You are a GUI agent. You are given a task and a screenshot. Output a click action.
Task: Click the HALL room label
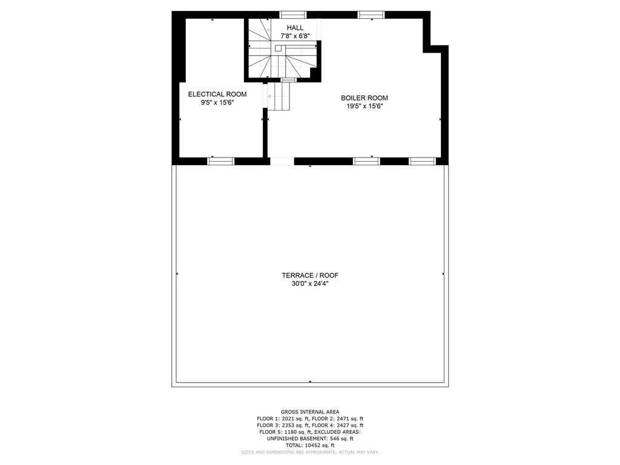(x=295, y=28)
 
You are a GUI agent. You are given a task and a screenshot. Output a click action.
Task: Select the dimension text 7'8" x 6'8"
(x=295, y=36)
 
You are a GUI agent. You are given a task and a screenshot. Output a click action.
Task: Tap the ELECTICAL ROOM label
(x=217, y=94)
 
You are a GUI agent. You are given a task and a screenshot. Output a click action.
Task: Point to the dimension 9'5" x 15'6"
(x=217, y=103)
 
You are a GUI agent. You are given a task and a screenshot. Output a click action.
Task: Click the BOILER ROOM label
(x=364, y=98)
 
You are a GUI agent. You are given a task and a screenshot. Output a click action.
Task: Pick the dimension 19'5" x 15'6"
(x=364, y=106)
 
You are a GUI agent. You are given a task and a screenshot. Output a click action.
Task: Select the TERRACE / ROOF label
(x=310, y=275)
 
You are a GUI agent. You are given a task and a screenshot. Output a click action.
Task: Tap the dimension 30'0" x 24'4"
(x=310, y=283)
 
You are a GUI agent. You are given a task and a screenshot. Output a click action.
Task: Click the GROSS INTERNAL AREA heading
(x=310, y=412)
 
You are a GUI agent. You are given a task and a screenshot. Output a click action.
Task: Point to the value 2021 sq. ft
(x=296, y=418)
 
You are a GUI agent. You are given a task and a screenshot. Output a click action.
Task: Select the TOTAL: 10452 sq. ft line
(x=310, y=445)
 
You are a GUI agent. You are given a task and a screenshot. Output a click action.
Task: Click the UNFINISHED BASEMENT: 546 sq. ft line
(x=310, y=438)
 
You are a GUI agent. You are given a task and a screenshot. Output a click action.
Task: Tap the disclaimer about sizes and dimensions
(x=310, y=452)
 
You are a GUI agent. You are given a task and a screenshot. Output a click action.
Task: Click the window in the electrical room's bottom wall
(x=221, y=161)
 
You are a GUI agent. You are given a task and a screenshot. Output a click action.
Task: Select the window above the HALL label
(x=292, y=15)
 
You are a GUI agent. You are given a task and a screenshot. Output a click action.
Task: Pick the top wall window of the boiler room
(x=371, y=15)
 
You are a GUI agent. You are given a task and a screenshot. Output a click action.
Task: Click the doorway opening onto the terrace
(x=282, y=161)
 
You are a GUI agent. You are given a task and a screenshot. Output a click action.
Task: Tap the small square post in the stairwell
(x=279, y=48)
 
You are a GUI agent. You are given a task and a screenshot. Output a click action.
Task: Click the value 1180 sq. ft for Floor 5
(x=295, y=432)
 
